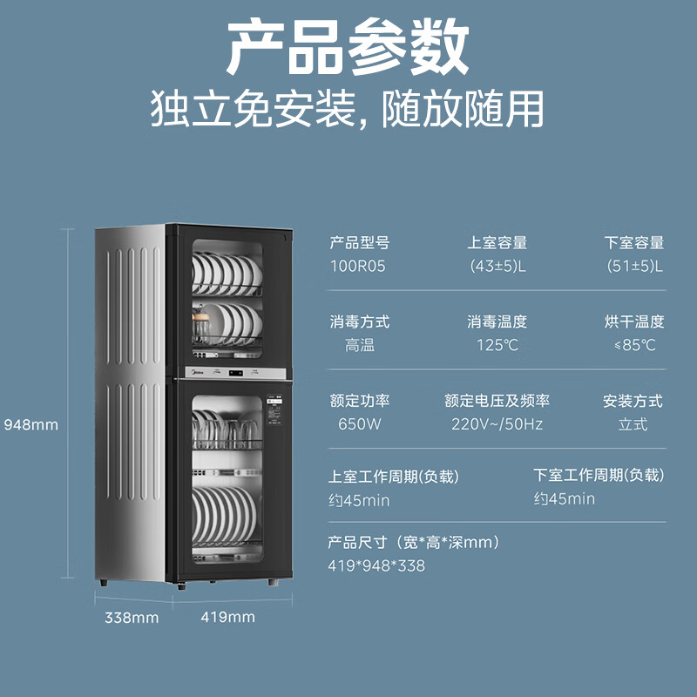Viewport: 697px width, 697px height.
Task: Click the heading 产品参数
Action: tap(348, 47)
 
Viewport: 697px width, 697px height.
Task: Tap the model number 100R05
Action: tap(357, 266)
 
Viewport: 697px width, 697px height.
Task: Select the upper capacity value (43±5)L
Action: tap(497, 266)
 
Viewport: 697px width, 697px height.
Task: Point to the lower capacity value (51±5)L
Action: tap(634, 266)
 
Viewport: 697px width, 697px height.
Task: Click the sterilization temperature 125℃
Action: tap(497, 345)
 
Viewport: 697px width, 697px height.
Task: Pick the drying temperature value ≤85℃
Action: tap(635, 345)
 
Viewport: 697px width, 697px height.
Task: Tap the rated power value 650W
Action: tap(359, 424)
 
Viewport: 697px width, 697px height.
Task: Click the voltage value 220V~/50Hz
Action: tap(497, 424)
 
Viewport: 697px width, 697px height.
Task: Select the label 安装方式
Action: tap(633, 401)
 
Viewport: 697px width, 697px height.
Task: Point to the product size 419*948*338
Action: tap(376, 565)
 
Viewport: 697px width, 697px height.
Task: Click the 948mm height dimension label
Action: tap(31, 425)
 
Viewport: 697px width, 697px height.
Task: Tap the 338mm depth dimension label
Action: tap(132, 618)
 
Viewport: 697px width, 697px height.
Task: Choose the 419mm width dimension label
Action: tap(228, 617)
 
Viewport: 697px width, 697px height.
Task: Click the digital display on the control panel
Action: tap(235, 373)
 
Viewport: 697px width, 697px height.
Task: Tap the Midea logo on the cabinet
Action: tap(197, 373)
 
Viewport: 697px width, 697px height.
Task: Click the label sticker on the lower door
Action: tap(274, 409)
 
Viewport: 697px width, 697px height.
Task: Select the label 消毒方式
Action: tap(360, 321)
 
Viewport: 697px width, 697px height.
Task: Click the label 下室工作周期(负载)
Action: tap(599, 475)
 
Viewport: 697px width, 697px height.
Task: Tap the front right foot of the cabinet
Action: tap(273, 582)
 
